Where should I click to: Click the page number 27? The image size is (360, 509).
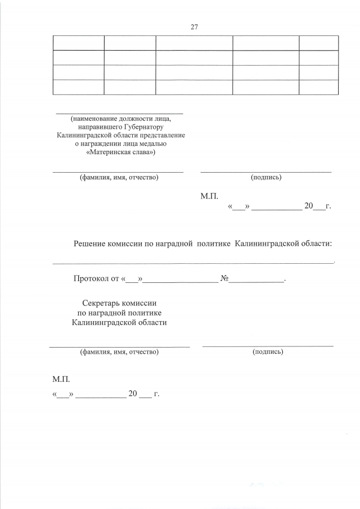tap(195, 27)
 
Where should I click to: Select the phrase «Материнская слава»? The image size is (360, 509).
tap(121, 152)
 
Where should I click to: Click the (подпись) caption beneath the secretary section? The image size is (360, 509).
tap(268, 352)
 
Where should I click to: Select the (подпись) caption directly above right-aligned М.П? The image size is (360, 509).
tap(265, 178)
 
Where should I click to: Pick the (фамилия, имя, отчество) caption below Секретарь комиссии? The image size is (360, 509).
tap(119, 352)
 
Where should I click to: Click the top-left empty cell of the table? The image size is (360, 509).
tap(79, 43)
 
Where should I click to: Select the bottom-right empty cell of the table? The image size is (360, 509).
tap(318, 87)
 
